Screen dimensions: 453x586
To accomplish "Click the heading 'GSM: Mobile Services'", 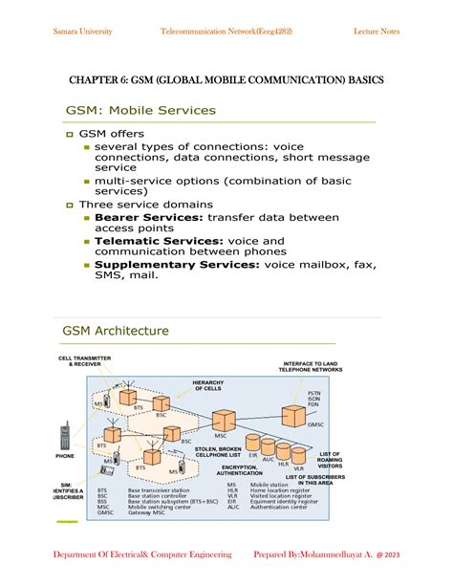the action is [x=140, y=110].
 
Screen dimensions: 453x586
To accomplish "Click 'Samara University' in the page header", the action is [x=82, y=32].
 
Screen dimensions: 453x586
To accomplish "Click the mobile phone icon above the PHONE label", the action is [x=65, y=435].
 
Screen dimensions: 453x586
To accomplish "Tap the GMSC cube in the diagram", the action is [x=293, y=415].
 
